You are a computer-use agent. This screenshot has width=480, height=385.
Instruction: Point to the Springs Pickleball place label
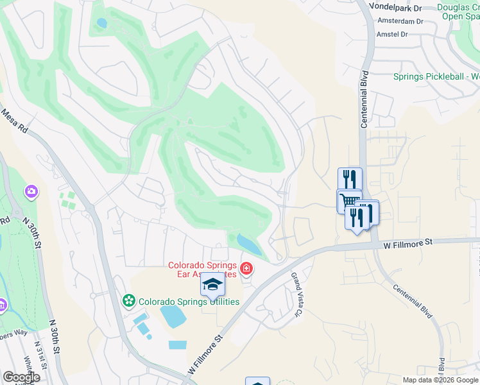(436, 77)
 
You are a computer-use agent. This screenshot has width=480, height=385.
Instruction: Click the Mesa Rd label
(13, 119)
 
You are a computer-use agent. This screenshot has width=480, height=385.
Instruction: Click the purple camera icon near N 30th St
(31, 191)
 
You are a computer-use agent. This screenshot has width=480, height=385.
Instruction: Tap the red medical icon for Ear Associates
(246, 268)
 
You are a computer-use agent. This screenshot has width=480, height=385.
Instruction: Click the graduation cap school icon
(213, 284)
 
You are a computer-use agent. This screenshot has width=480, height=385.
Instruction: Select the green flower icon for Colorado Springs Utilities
(129, 300)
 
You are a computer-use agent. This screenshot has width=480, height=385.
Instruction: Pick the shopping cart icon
(348, 200)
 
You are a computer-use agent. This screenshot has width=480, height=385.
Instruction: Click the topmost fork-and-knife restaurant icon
(350, 178)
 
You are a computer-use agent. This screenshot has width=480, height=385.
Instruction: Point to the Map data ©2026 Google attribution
(440, 380)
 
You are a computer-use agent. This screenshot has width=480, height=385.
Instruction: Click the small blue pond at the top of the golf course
(101, 23)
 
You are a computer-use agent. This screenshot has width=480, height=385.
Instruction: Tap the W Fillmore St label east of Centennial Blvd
(408, 243)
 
